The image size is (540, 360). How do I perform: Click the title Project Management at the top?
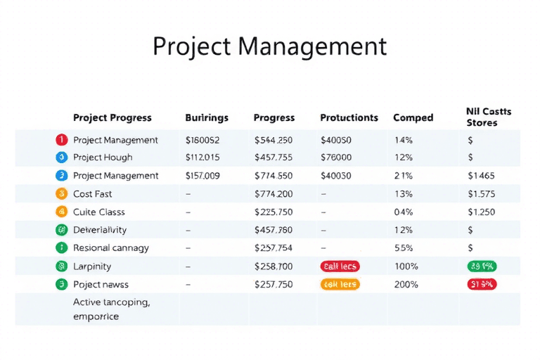pyautogui.click(x=269, y=46)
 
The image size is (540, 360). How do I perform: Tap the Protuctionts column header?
pyautogui.click(x=349, y=117)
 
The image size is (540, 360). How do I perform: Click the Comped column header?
pyautogui.click(x=413, y=117)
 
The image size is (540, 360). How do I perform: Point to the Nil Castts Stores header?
pyautogui.click(x=489, y=117)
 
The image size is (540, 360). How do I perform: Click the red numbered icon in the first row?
pyautogui.click(x=60, y=140)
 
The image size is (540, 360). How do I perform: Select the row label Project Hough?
pyautogui.click(x=103, y=157)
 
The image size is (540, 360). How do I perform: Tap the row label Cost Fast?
pyautogui.click(x=92, y=194)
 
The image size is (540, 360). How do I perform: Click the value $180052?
pyautogui.click(x=202, y=140)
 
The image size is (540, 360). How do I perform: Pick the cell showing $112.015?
pyautogui.click(x=202, y=157)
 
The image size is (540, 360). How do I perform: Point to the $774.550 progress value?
pyautogui.click(x=274, y=176)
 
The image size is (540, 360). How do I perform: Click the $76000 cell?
pyautogui.click(x=336, y=157)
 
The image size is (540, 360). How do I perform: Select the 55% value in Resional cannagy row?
pyautogui.click(x=404, y=248)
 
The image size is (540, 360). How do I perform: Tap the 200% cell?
pyautogui.click(x=406, y=285)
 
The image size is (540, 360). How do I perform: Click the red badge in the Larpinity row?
pyautogui.click(x=340, y=266)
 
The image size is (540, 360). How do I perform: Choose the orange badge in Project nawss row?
pyautogui.click(x=340, y=285)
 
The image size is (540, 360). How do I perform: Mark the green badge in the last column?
pyautogui.click(x=482, y=266)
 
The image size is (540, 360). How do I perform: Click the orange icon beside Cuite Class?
pyautogui.click(x=60, y=212)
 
